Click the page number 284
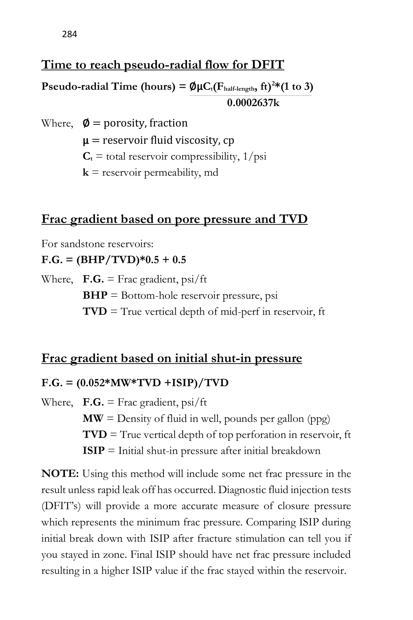pos(69,34)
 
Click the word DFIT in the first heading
pos(267,65)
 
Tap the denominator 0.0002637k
pos(253,103)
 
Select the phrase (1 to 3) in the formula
pos(297,86)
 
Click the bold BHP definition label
pos(95,295)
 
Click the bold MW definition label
pos(93,418)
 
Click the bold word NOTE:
pos(60,474)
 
